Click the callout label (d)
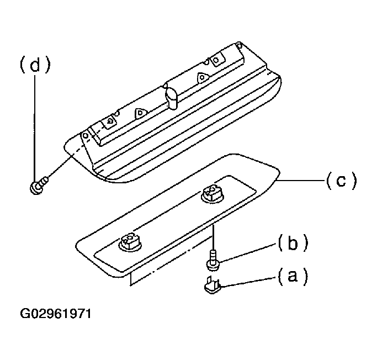35,64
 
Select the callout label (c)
341,181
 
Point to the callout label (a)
293,276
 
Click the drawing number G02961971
56,314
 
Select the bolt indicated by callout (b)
213,261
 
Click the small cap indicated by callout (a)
212,285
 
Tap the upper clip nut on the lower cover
213,193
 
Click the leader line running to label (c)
301,180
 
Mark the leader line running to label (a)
248,282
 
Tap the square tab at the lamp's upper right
217,60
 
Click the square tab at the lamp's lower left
109,121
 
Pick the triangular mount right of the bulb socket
203,77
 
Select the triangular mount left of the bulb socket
140,113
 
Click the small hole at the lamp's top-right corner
239,45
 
